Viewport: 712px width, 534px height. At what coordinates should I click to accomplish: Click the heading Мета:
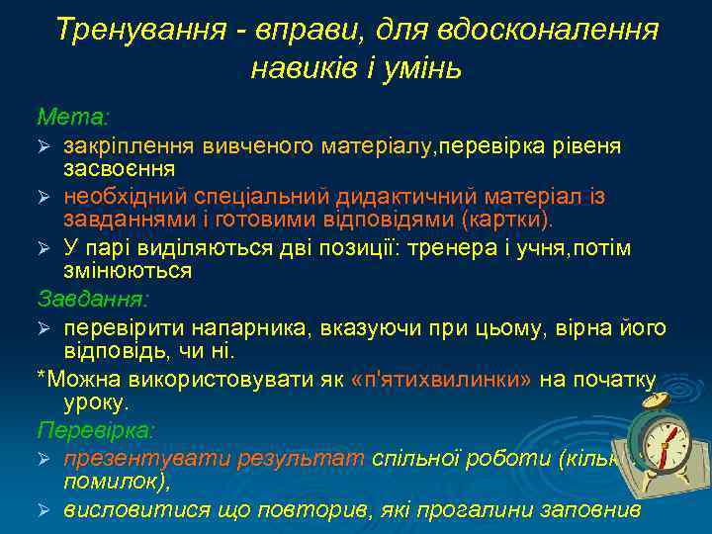[x=72, y=117]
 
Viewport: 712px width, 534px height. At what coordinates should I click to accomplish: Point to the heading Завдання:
[x=92, y=298]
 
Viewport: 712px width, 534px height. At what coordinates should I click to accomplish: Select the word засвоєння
[x=120, y=169]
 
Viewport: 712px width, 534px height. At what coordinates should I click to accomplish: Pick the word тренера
[x=454, y=247]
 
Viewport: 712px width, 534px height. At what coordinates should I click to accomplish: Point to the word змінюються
[x=128, y=270]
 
